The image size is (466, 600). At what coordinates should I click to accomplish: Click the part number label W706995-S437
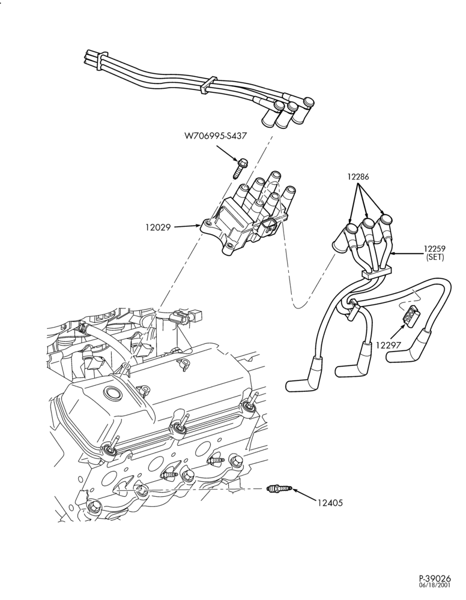(215, 136)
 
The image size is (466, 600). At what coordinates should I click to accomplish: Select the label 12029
(158, 227)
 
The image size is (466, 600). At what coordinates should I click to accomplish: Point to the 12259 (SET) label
(434, 253)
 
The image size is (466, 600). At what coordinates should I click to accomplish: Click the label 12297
(388, 345)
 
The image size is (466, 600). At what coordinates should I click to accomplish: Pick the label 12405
(330, 502)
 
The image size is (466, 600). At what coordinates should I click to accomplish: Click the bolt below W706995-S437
(240, 167)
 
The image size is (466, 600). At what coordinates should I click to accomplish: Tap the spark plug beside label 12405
(279, 488)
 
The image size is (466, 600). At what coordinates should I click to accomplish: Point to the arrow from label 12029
(187, 227)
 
